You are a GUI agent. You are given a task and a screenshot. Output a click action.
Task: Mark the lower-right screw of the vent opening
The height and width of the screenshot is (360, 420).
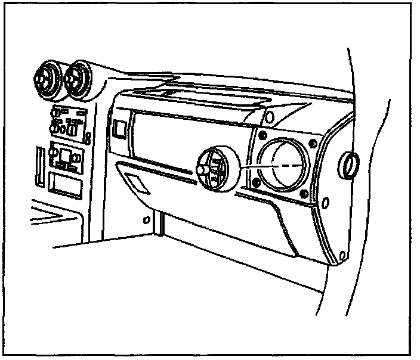coord(305,193)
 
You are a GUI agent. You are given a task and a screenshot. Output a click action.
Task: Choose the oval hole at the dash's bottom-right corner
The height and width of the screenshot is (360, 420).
coord(341,257)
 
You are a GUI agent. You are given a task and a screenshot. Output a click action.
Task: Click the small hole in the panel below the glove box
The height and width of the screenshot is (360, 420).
coord(146,219)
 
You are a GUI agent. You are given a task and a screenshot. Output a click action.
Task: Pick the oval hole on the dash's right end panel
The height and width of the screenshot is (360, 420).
coord(325,204)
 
